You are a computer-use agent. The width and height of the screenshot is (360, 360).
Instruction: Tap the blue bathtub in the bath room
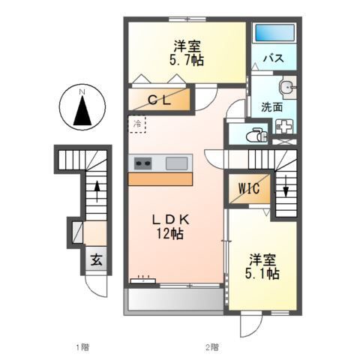pyautogui.click(x=274, y=34)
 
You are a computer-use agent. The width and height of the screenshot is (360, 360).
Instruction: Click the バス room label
pyautogui.click(x=272, y=58)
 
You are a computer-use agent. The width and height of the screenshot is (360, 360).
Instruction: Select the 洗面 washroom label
pyautogui.click(x=271, y=106)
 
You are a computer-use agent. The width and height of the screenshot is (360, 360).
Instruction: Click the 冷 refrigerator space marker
pyautogui.click(x=137, y=122)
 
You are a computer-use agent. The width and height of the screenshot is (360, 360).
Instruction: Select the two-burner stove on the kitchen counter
pyautogui.click(x=142, y=162)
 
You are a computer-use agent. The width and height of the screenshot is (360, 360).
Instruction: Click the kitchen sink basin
pyautogui.click(x=177, y=162)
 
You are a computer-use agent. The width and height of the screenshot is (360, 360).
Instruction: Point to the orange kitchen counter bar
pyautogui.click(x=160, y=178)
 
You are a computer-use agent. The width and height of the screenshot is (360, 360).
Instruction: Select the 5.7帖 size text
pyautogui.click(x=186, y=59)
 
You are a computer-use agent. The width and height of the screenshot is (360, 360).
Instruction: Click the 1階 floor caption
pyautogui.click(x=82, y=346)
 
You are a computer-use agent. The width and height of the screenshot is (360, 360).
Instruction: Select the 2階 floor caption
pyautogui.click(x=212, y=346)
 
